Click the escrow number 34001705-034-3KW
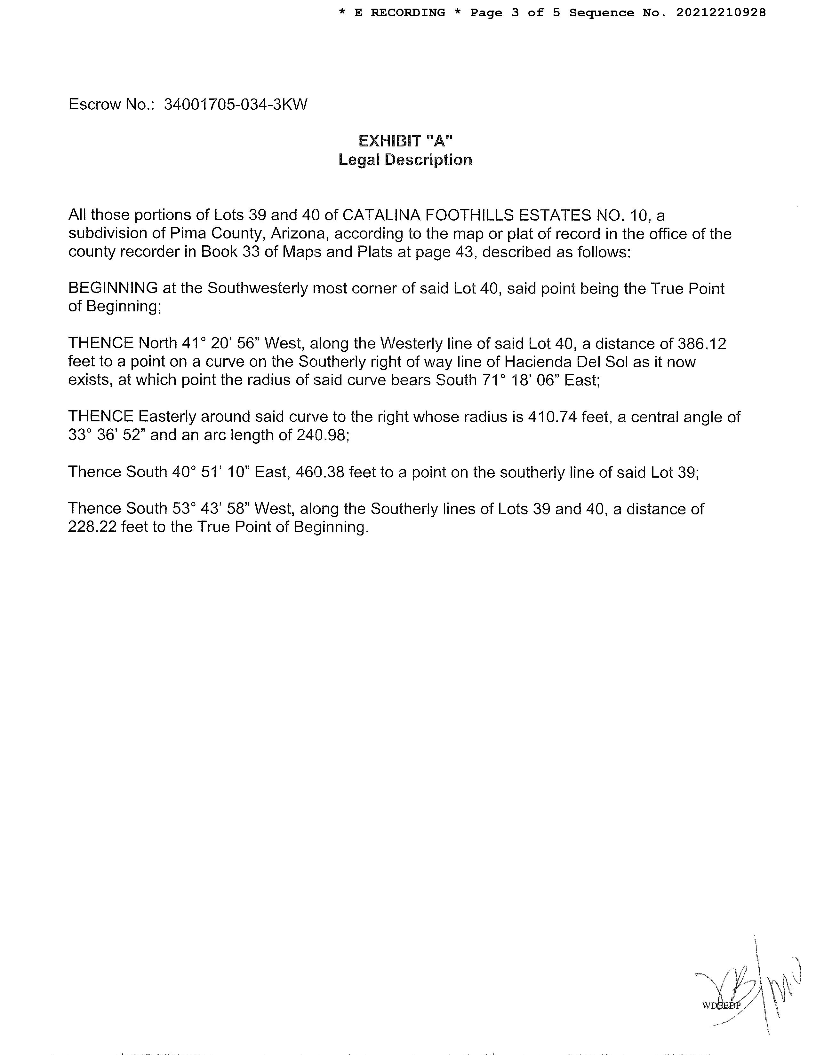[236, 104]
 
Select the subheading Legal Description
[405, 160]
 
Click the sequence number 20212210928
[721, 12]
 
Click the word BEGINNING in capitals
[113, 288]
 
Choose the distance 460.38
[320, 472]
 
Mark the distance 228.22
[92, 527]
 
